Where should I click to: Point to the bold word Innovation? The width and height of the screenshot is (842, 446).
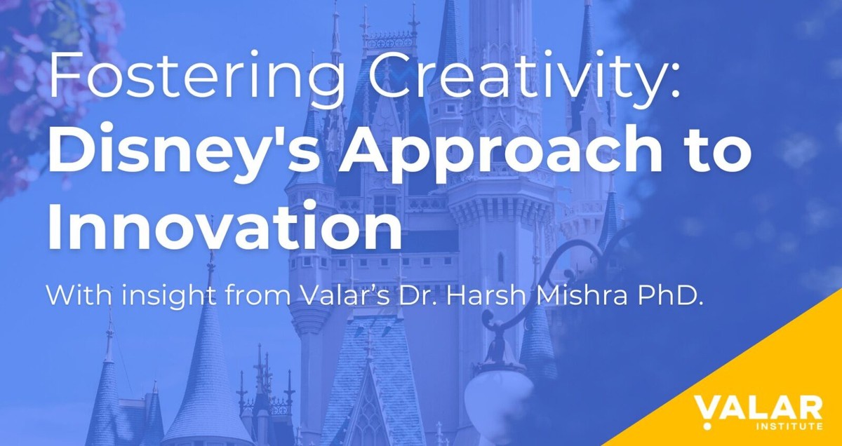point(225,227)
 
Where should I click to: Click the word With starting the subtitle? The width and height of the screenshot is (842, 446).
point(75,295)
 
